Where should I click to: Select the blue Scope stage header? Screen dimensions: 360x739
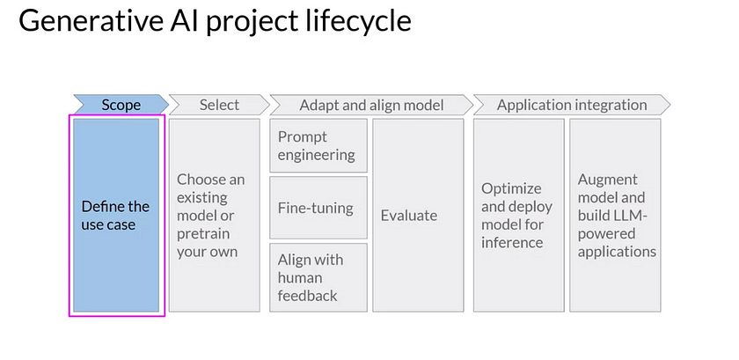[121, 105]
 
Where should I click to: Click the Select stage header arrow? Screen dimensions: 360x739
[218, 105]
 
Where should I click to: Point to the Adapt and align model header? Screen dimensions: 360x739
[370, 105]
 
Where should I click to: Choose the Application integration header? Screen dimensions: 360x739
[571, 105]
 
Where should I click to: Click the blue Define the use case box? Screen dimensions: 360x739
[116, 216]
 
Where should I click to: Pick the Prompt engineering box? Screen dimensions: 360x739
[317, 146]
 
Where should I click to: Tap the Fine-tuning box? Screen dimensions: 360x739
[317, 208]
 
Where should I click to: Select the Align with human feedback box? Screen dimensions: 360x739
[317, 277]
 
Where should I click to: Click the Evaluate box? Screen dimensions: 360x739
[418, 216]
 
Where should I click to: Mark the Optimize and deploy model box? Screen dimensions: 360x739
[518, 216]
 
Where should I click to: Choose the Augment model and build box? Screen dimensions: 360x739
[615, 216]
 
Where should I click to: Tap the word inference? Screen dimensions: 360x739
[511, 242]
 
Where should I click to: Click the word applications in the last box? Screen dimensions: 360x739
[617, 251]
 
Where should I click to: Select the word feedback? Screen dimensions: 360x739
[308, 296]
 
